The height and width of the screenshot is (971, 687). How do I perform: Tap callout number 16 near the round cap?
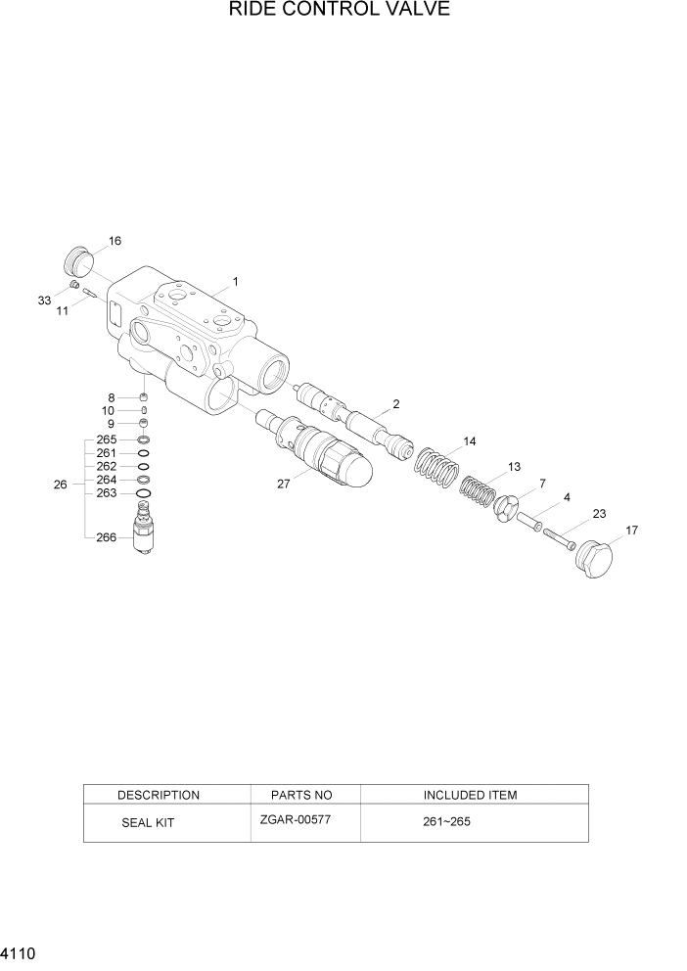pyautogui.click(x=114, y=242)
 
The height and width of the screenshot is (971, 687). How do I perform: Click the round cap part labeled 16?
pyautogui.click(x=78, y=262)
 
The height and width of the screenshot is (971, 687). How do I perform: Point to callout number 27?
pyautogui.click(x=284, y=484)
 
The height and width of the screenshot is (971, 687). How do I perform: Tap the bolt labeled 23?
pyautogui.click(x=558, y=536)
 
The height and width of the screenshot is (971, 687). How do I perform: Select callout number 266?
pyautogui.click(x=107, y=537)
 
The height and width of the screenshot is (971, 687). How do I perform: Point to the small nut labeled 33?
pyautogui.click(x=73, y=285)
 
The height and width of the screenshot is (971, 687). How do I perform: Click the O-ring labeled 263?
pyautogui.click(x=143, y=493)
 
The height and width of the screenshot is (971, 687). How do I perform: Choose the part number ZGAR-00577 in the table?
pyautogui.click(x=297, y=819)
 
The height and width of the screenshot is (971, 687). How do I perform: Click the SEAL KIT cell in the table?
pyautogui.click(x=148, y=823)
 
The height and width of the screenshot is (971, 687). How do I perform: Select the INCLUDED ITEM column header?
pyautogui.click(x=470, y=795)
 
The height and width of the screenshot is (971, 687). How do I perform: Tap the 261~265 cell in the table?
pyautogui.click(x=446, y=822)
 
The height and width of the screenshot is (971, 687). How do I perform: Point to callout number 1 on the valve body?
pyautogui.click(x=236, y=282)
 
